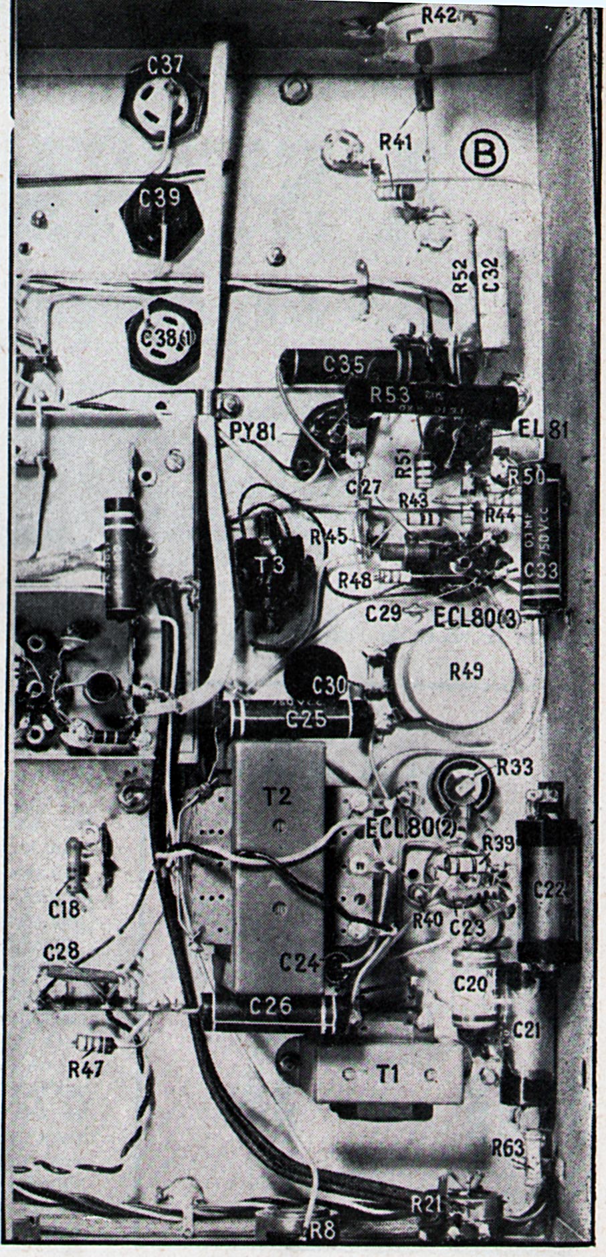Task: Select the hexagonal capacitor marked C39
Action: click(x=160, y=213)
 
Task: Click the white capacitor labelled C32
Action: click(x=492, y=286)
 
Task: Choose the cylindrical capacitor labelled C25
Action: click(x=298, y=719)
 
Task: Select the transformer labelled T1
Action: click(x=388, y=1076)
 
